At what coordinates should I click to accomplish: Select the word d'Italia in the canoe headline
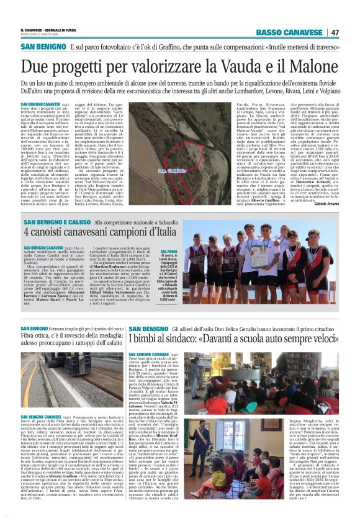point(158,233)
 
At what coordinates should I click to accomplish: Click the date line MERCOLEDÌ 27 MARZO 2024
point(43,35)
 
